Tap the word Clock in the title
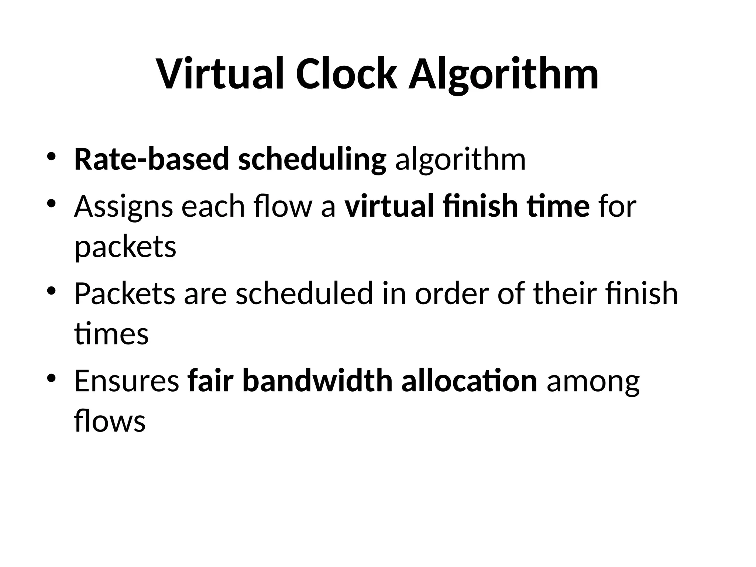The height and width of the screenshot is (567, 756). point(347,74)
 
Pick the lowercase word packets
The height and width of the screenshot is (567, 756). point(125,247)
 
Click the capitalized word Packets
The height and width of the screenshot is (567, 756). point(124,293)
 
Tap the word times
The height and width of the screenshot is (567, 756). point(111,334)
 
